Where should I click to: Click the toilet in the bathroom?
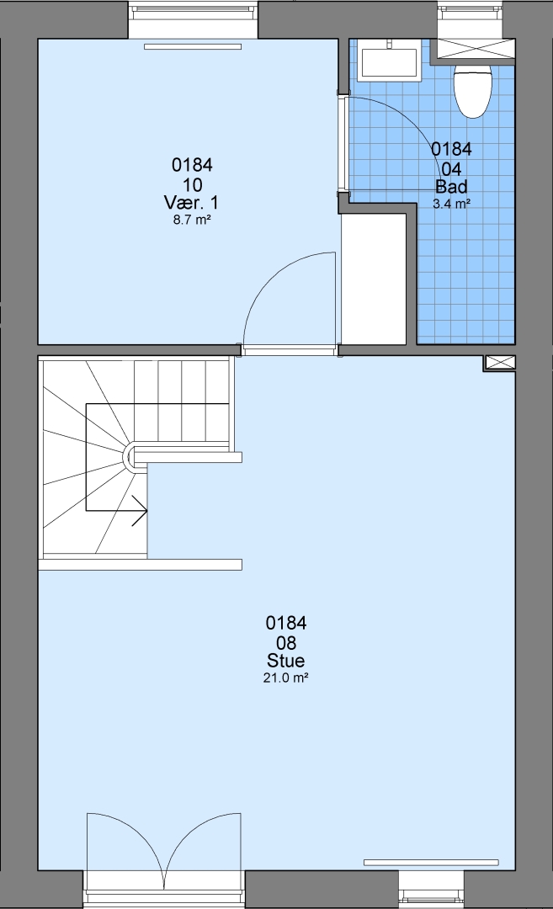[473, 90]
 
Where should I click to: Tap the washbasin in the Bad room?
[390, 62]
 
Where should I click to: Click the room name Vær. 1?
[192, 203]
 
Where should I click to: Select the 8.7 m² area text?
[192, 220]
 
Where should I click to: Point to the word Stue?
[286, 661]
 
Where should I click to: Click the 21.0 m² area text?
[286, 678]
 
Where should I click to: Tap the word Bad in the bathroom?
[451, 187]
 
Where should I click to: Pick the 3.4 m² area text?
[451, 204]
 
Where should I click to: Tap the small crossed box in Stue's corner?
[499, 363]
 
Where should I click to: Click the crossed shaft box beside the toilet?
[476, 49]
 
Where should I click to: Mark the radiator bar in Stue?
[431, 862]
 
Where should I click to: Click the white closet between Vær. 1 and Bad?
[374, 279]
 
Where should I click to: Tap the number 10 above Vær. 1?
[192, 185]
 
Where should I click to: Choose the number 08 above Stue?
[286, 643]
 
